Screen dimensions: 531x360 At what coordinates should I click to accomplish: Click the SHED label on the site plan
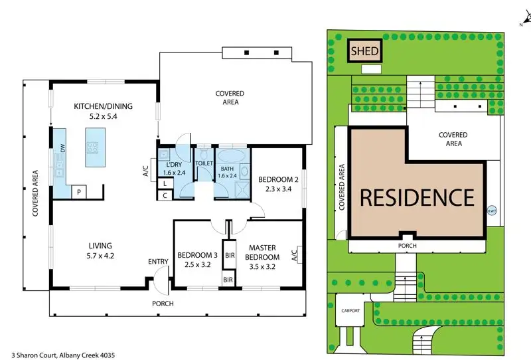364,51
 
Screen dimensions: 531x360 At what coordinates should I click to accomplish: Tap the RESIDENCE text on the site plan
417,198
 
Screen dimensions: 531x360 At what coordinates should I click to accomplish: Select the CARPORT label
350,310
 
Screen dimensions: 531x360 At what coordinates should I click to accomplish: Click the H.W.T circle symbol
491,211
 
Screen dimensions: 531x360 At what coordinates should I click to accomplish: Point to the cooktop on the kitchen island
92,147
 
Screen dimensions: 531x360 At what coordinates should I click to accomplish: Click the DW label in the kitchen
62,148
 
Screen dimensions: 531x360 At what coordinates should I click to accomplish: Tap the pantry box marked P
79,192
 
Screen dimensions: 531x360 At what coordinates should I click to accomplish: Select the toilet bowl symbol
204,155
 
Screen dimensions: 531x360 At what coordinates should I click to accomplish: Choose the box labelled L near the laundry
165,184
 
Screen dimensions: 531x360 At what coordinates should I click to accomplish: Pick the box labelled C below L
165,195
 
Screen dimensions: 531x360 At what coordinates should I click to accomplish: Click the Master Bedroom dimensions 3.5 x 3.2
262,267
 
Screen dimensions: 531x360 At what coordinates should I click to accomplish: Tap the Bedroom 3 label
197,255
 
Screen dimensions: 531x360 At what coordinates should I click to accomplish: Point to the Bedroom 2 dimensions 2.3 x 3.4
278,189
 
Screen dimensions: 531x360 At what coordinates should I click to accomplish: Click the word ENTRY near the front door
158,262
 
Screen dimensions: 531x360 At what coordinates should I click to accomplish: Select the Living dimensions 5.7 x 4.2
100,256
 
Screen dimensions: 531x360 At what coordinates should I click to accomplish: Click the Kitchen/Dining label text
104,106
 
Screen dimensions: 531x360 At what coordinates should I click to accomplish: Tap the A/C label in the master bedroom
294,256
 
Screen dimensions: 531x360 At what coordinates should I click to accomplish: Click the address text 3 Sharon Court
34,355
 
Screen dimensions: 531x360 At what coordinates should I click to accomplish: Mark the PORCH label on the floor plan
163,304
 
